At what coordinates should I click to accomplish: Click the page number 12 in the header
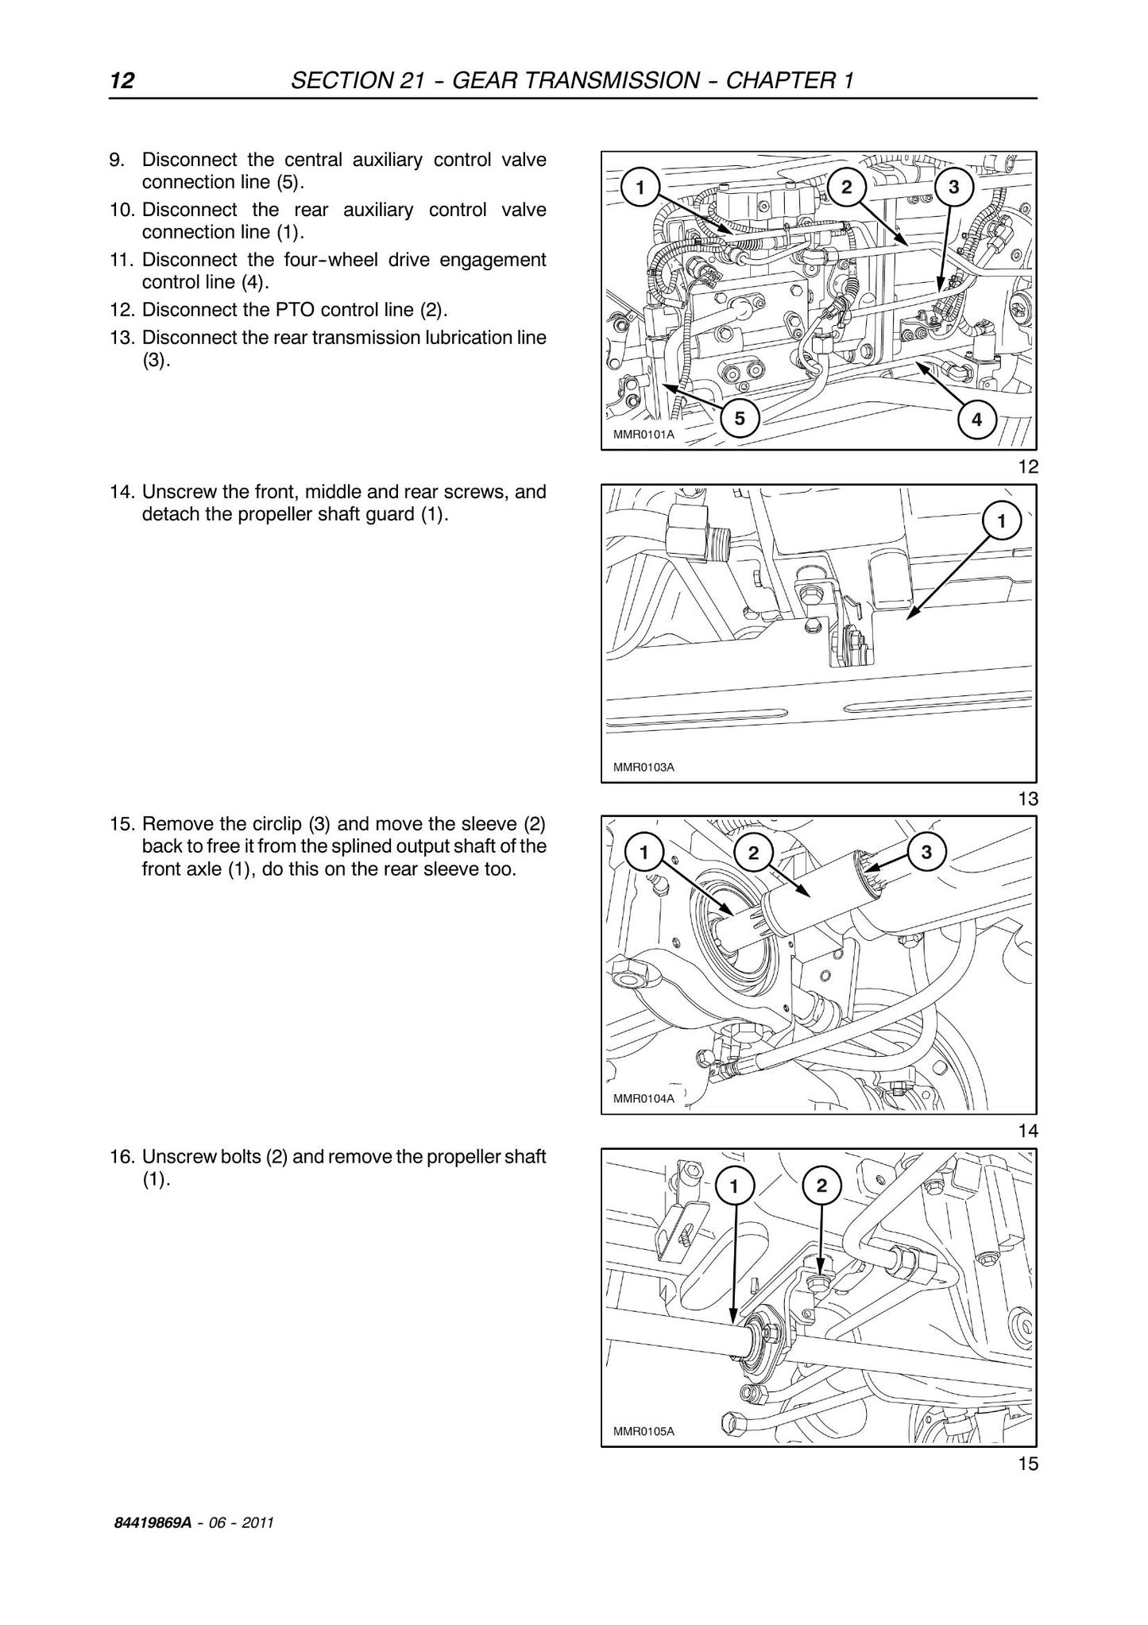click(122, 80)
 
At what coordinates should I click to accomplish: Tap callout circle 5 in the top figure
click(740, 418)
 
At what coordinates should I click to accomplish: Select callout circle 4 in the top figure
click(976, 419)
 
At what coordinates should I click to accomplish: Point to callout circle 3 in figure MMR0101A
click(954, 188)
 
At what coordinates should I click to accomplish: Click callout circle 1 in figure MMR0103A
click(1001, 521)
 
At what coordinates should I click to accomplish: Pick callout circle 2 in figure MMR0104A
click(754, 853)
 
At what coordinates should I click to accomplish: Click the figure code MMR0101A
click(644, 435)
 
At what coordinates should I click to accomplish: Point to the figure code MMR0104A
click(644, 1099)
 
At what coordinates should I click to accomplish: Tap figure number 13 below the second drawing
click(1028, 799)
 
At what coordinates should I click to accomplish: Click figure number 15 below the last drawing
click(1028, 1464)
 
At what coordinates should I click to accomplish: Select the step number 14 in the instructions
click(121, 492)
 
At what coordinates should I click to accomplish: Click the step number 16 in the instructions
click(121, 1156)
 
